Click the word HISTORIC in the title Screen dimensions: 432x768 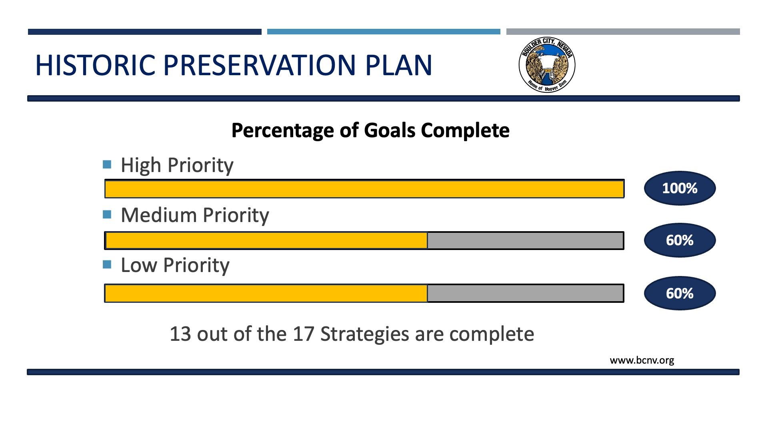click(x=95, y=65)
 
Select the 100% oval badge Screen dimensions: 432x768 click(x=680, y=188)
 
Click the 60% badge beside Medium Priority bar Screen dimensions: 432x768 click(x=680, y=240)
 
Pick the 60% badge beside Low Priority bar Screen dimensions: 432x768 click(x=680, y=293)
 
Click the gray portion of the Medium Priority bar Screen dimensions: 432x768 click(x=525, y=241)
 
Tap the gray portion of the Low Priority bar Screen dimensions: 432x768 click(x=525, y=294)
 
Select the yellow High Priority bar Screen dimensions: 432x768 click(x=364, y=189)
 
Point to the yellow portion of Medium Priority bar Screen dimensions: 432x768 click(x=266, y=241)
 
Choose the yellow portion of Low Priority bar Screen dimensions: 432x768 click(x=266, y=294)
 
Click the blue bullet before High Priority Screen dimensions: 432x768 click(x=107, y=164)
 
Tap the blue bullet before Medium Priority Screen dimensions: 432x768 click(x=107, y=215)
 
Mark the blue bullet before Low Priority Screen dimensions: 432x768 click(x=107, y=265)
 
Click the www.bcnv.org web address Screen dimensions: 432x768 click(x=642, y=360)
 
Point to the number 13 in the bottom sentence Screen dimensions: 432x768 click(x=180, y=334)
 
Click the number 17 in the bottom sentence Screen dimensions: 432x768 click(x=303, y=334)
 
